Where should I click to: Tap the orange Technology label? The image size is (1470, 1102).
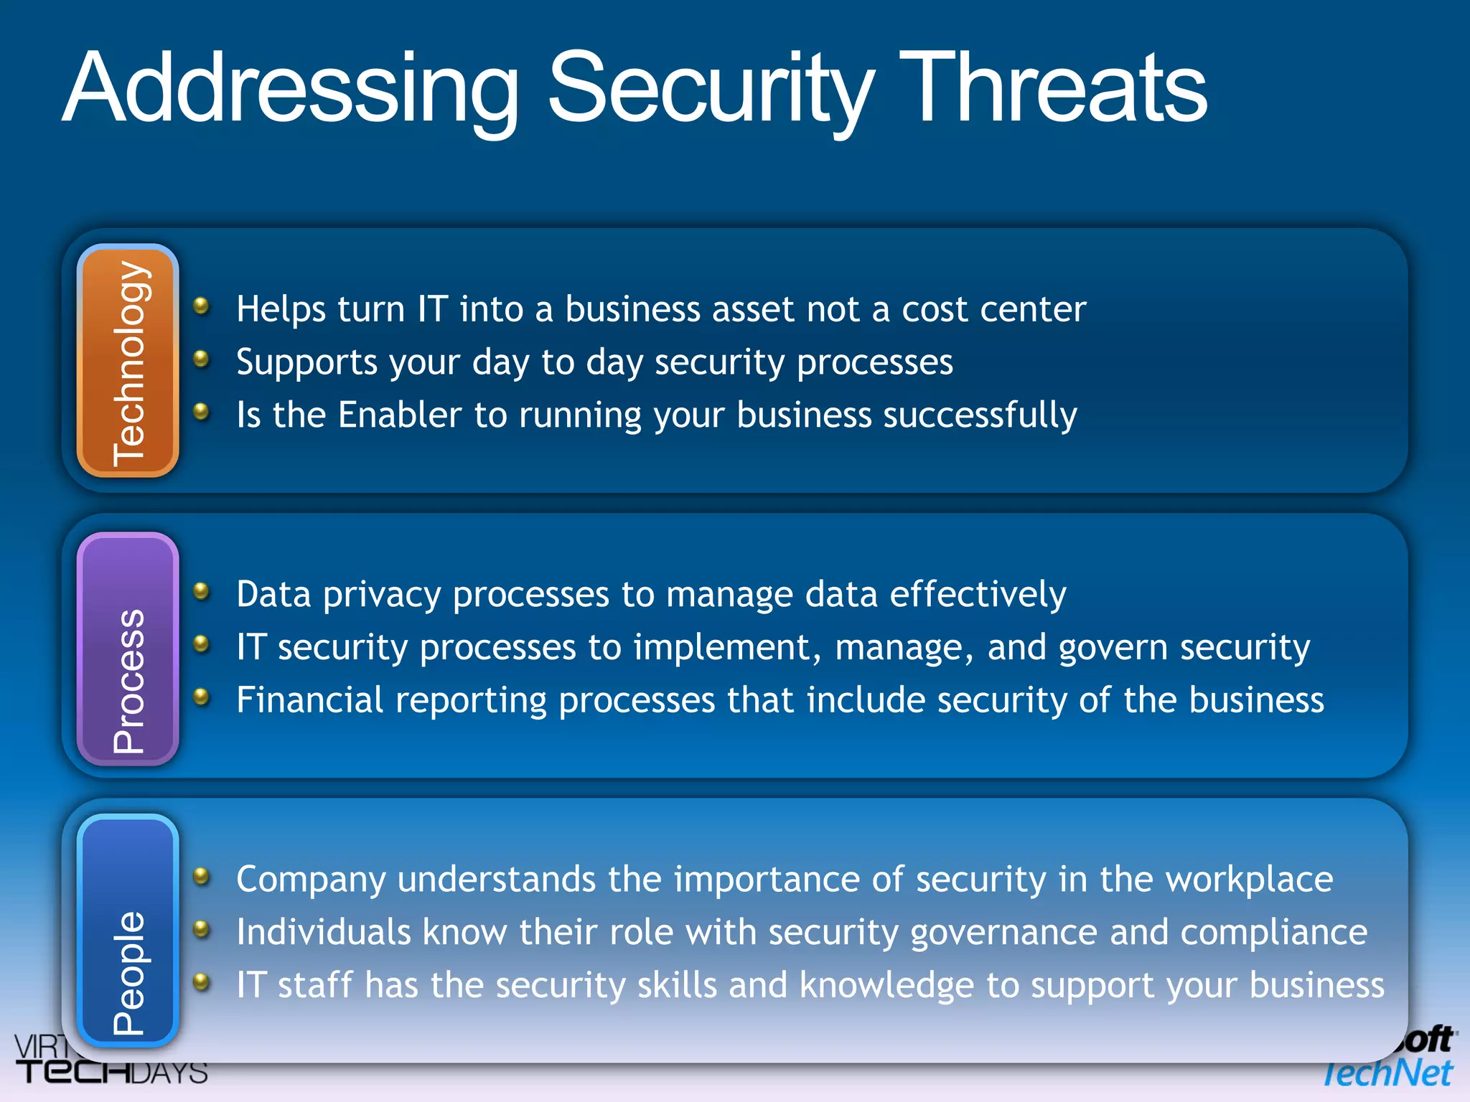tap(128, 361)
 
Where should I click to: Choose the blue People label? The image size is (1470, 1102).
tap(128, 931)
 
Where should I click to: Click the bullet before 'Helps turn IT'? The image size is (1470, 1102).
tap(202, 306)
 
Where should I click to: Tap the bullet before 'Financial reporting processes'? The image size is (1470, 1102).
tap(202, 697)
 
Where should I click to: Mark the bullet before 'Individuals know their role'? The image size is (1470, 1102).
tap(202, 930)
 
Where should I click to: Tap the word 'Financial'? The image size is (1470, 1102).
tap(310, 700)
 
